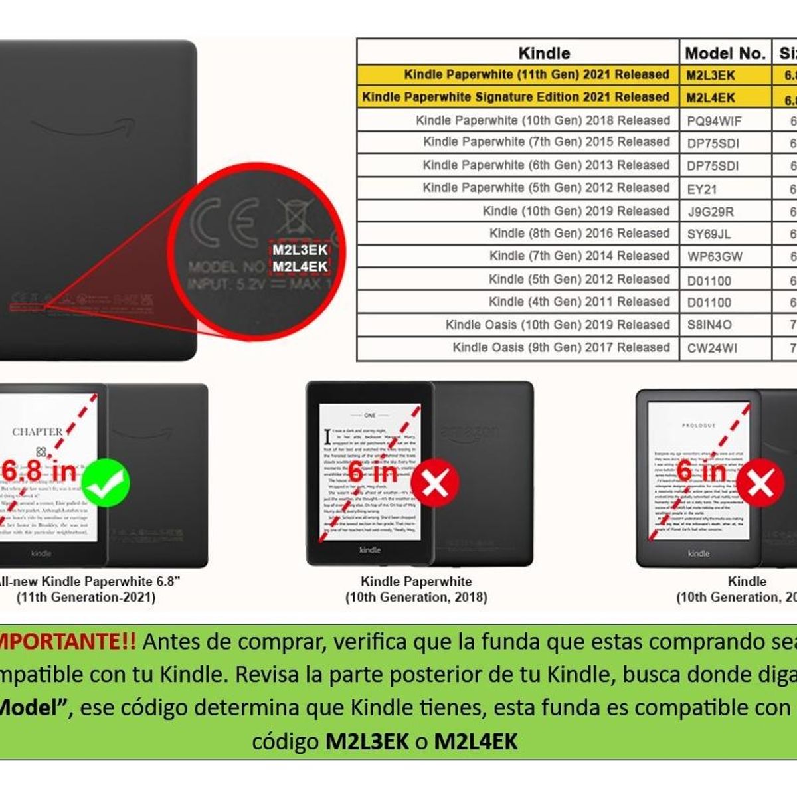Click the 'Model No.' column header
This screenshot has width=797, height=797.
(725, 53)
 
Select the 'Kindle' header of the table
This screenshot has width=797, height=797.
(543, 53)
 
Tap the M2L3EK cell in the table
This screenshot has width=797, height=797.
(711, 75)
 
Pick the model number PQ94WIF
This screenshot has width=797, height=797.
(714, 121)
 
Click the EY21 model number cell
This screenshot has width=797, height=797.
(702, 189)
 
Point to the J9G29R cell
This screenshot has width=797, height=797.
(710, 212)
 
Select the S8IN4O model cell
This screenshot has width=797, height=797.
(709, 325)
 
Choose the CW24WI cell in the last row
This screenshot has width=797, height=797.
(711, 348)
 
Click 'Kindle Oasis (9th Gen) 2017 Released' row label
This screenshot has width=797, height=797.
(561, 347)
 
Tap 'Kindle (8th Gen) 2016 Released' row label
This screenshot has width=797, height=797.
(579, 233)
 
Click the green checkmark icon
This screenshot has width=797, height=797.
(106, 484)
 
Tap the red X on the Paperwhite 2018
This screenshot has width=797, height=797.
(435, 484)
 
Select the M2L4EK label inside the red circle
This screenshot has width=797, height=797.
(300, 266)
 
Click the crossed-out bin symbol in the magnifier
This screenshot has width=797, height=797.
(293, 212)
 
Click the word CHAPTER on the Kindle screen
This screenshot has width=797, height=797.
(37, 432)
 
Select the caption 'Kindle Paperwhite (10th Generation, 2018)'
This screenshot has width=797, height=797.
(416, 589)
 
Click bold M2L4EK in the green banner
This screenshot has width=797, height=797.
(476, 741)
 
